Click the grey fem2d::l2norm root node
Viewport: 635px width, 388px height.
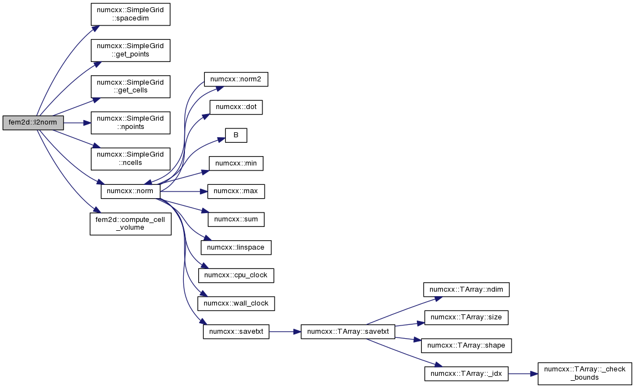33,123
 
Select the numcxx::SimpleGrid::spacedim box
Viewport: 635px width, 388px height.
131,14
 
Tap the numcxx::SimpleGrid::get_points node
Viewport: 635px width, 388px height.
131,50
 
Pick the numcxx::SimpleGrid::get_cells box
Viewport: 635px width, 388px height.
131,86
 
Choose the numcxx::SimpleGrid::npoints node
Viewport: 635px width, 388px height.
131,123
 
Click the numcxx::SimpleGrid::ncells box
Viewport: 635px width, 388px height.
131,159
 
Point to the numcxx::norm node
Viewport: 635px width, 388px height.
131,191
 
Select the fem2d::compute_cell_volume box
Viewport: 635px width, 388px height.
131,224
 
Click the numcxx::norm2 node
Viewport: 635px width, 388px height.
236,79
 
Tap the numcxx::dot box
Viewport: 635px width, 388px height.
236,107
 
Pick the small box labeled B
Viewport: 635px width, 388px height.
236,135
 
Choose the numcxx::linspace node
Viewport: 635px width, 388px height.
236,247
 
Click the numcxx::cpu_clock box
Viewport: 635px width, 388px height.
236,276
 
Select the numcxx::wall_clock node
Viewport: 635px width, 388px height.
236,303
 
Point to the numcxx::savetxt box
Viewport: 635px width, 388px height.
236,332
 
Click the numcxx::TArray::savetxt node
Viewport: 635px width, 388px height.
348,332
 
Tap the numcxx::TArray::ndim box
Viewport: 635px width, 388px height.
466,289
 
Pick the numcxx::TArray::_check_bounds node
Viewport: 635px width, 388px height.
585,374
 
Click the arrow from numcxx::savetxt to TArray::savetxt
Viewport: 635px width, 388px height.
285,332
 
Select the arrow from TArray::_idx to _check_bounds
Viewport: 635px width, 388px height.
523,374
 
